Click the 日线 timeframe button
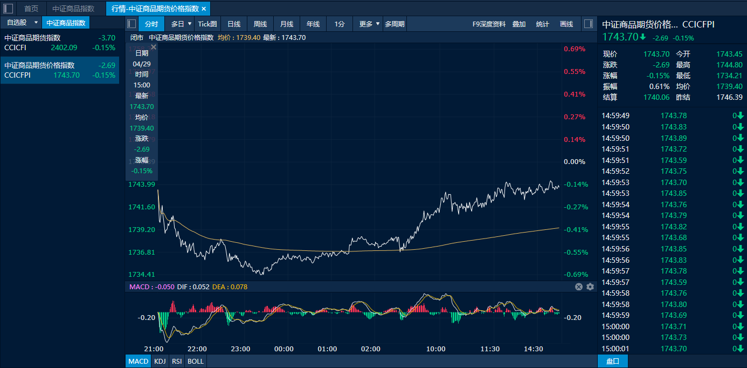234,24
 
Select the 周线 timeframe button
260,24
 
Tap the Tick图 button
207,24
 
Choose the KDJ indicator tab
160,361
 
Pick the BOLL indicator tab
195,361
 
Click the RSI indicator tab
176,361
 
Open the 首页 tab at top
31,9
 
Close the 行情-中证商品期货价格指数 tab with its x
204,9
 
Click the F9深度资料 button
489,24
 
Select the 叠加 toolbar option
519,24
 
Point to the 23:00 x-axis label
240,349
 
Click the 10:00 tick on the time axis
435,349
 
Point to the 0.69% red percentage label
575,49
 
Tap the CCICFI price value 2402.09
64,47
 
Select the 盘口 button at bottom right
613,361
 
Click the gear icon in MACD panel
590,287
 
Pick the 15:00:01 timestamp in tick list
615,349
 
